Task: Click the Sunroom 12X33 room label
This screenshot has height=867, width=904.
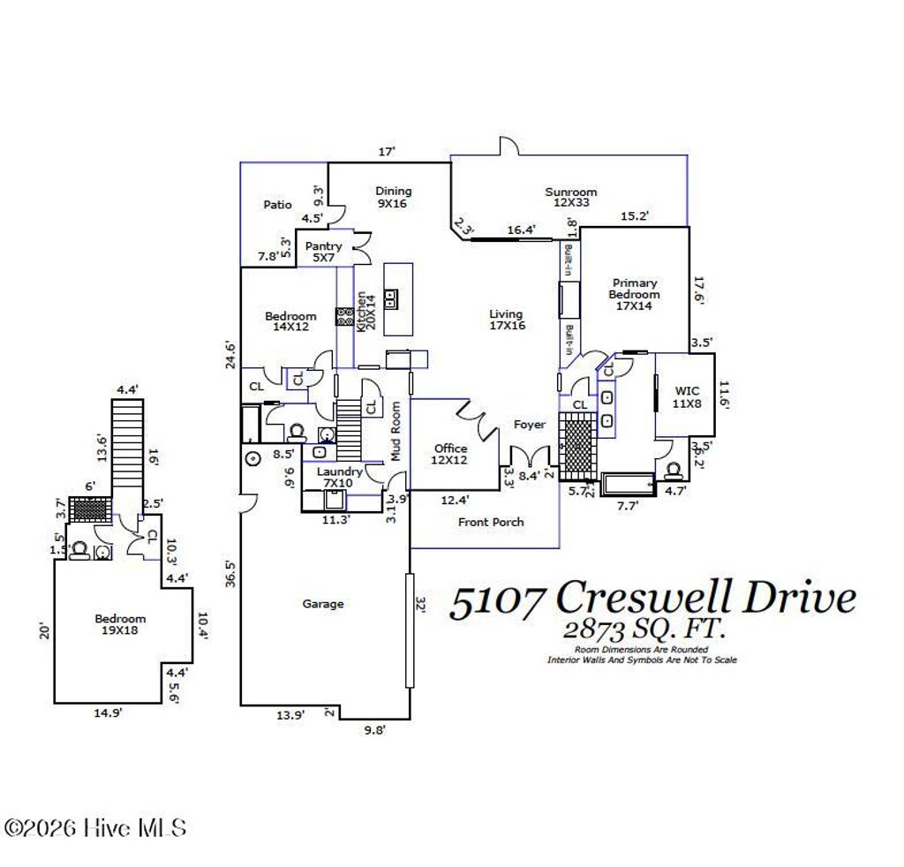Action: pyautogui.click(x=570, y=197)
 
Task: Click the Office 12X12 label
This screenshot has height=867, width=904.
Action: pyautogui.click(x=450, y=455)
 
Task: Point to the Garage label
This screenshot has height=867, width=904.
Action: pyautogui.click(x=322, y=604)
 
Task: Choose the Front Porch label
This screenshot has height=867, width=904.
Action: pyautogui.click(x=490, y=522)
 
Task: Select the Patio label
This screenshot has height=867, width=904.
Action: pyautogui.click(x=277, y=205)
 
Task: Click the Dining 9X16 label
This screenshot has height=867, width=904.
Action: pyautogui.click(x=393, y=197)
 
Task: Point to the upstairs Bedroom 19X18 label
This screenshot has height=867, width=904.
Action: pyautogui.click(x=120, y=625)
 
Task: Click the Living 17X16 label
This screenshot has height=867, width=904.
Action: pyautogui.click(x=507, y=320)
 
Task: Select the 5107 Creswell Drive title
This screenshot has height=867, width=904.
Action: pyautogui.click(x=652, y=599)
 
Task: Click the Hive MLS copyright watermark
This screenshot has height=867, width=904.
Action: pyautogui.click(x=95, y=828)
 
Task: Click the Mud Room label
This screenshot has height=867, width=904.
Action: pyautogui.click(x=396, y=432)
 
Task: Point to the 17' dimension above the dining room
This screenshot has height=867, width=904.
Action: pyautogui.click(x=386, y=152)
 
